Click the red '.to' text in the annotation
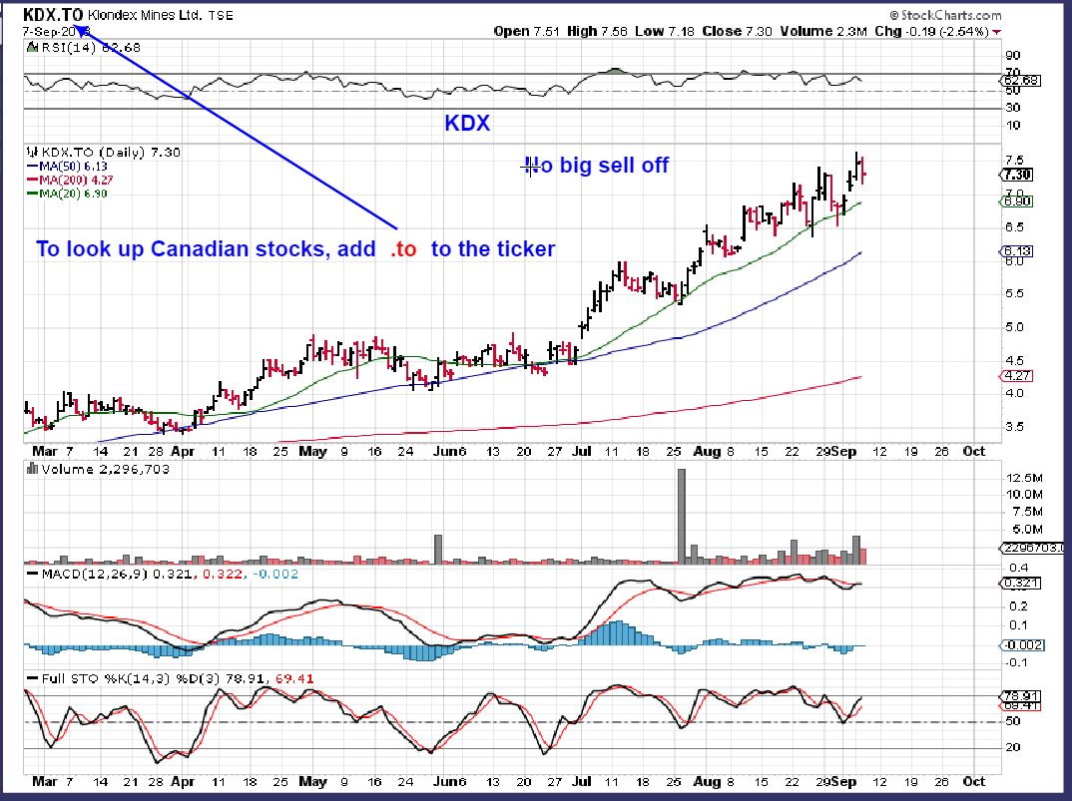point(402,249)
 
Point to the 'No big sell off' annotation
point(597,166)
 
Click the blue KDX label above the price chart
point(466,124)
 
